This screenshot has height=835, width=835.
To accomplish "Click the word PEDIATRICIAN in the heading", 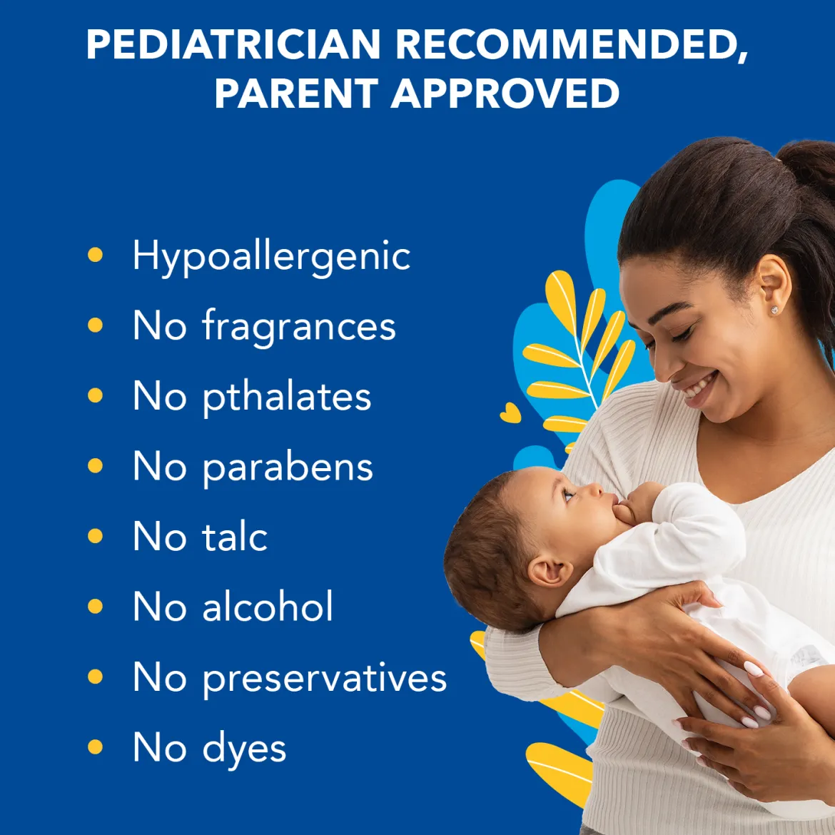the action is click(233, 44).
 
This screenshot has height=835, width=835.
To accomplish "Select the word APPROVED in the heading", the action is click(505, 93).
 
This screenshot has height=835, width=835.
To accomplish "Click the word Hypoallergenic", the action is click(271, 257).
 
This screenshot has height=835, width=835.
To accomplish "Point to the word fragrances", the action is click(299, 326).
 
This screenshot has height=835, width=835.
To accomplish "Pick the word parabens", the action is click(288, 467).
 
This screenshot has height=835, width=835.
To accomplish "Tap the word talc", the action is click(234, 536).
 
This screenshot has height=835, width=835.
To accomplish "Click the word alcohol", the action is click(268, 605).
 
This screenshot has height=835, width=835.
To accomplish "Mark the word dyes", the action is click(244, 749).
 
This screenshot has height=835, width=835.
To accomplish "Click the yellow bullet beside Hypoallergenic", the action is click(96, 255).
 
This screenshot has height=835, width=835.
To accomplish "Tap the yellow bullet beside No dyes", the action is click(96, 747).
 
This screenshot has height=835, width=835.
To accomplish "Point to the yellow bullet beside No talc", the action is click(96, 536).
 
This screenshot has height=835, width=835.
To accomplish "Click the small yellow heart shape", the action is click(510, 413).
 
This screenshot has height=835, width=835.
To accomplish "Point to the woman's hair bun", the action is click(809, 165).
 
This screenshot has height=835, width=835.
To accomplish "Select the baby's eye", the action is click(568, 495).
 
